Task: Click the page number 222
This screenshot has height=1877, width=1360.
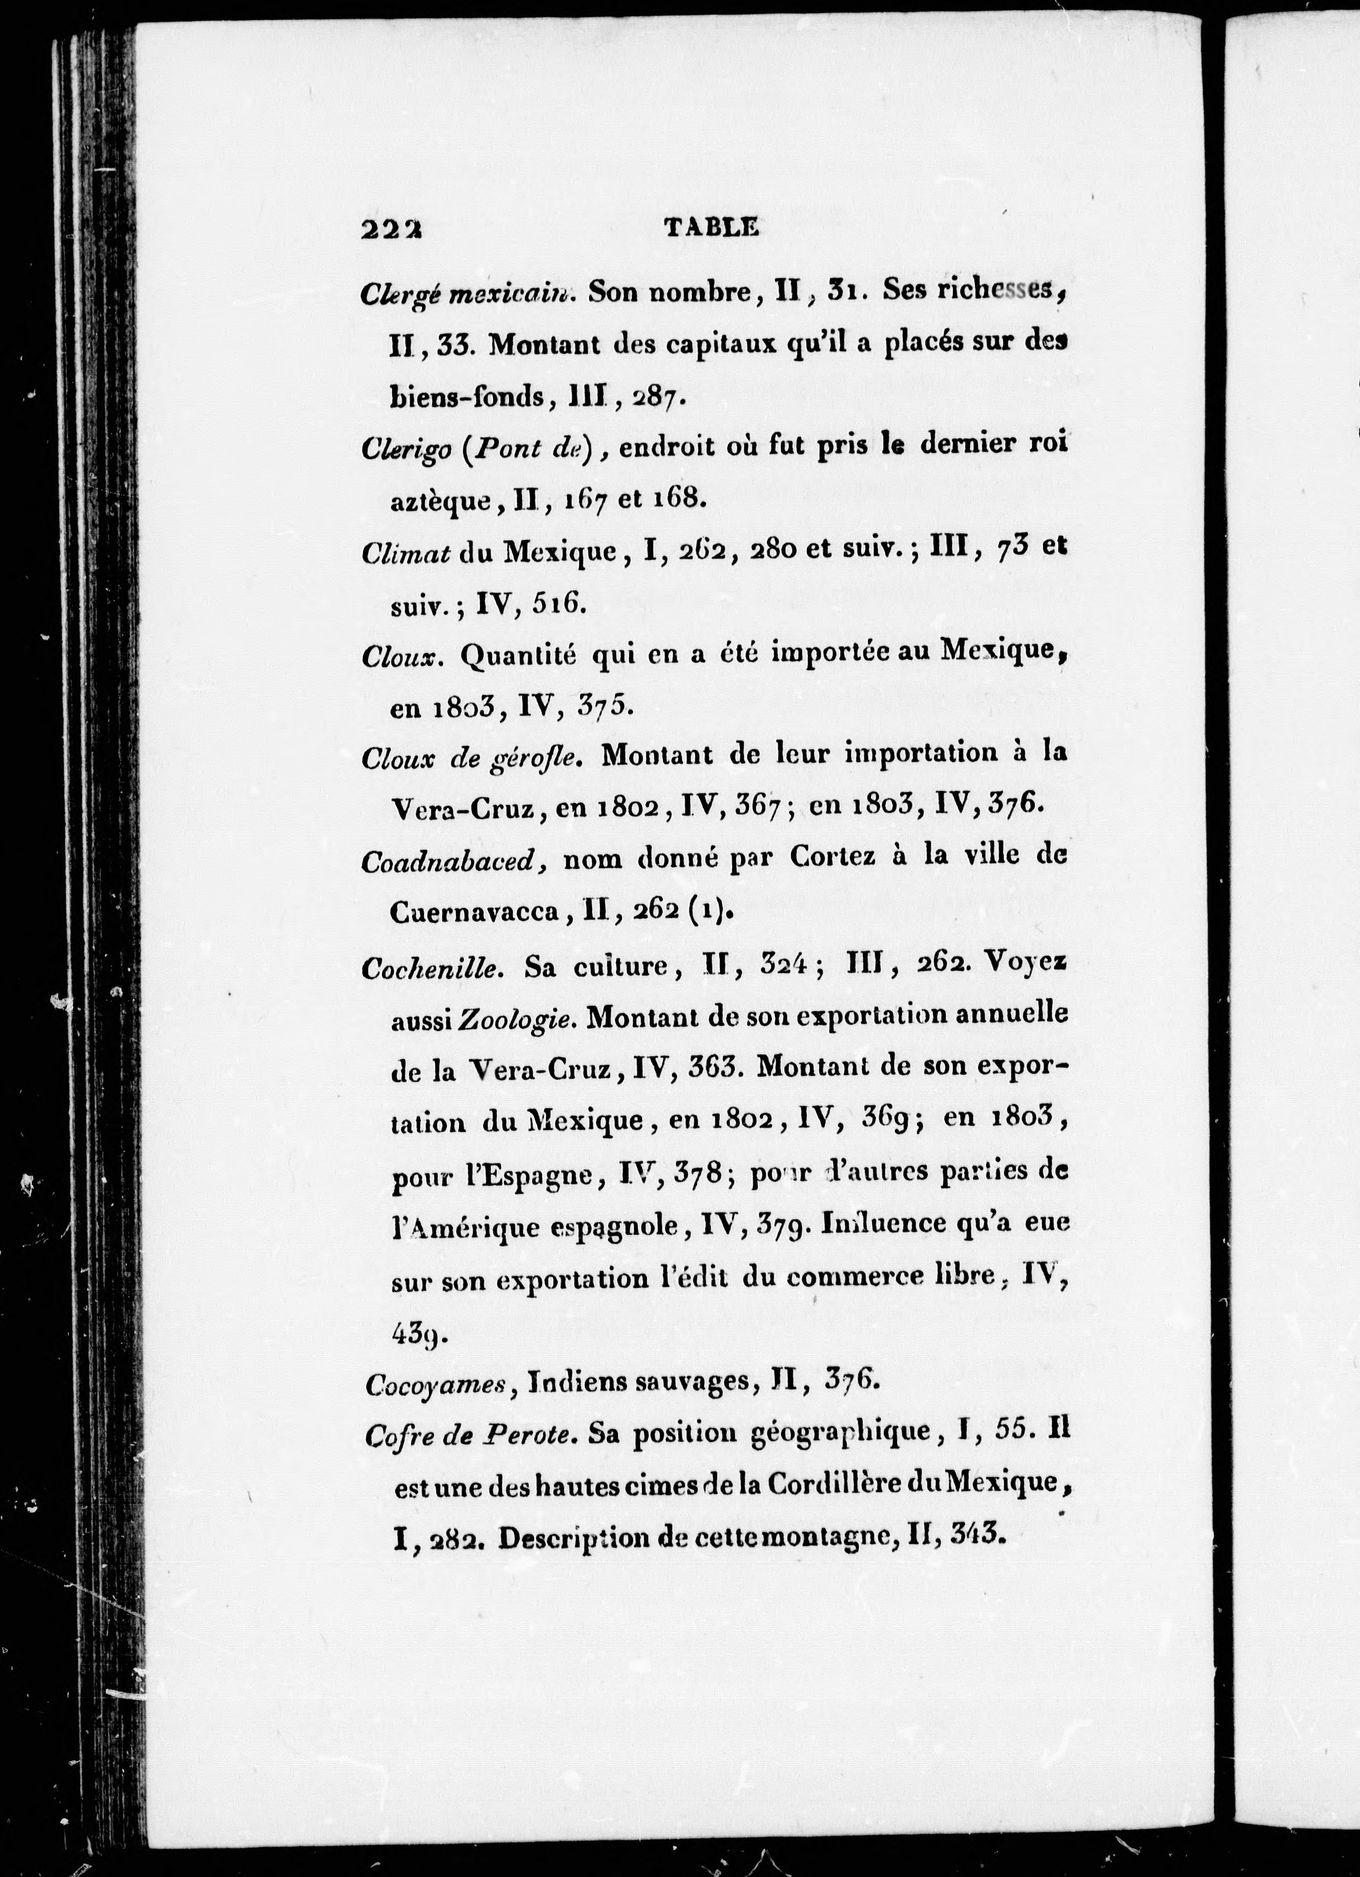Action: (x=392, y=229)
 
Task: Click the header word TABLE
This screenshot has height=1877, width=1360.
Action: (x=712, y=228)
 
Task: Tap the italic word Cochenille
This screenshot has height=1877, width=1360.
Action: (x=432, y=969)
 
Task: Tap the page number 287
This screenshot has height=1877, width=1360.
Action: (x=658, y=397)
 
